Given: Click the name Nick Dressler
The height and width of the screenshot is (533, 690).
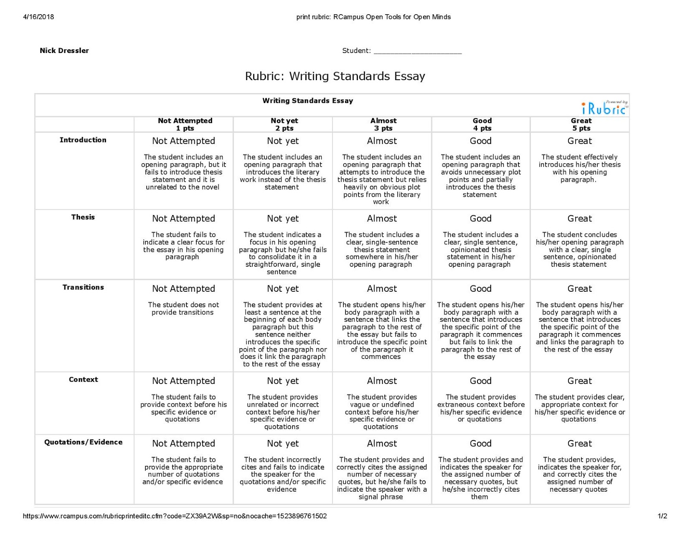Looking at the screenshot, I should [x=64, y=50].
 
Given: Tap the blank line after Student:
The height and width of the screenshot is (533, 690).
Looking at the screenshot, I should [x=417, y=51].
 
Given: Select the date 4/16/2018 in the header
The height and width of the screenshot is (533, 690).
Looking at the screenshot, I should [x=38, y=17].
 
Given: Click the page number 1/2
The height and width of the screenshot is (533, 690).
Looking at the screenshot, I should [x=662, y=516].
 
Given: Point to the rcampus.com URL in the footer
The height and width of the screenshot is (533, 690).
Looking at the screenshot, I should [x=175, y=516].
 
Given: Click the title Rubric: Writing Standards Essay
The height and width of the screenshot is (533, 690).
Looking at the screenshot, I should [x=335, y=76].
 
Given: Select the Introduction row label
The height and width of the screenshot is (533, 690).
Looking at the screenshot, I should [x=83, y=140].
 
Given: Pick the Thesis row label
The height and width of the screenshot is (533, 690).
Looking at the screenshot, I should [x=83, y=217].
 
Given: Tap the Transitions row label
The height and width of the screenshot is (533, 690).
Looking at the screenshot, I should [x=83, y=287].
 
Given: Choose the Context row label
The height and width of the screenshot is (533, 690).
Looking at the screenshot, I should [x=83, y=380].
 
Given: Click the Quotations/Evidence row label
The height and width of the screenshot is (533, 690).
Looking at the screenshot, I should [x=83, y=442].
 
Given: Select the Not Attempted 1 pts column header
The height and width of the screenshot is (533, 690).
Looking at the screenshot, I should [x=185, y=124].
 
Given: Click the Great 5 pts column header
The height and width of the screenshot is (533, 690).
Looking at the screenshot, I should [x=581, y=124].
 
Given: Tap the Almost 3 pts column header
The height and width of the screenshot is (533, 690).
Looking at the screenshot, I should [x=383, y=124].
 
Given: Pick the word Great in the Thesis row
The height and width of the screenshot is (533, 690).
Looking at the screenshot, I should [x=580, y=218].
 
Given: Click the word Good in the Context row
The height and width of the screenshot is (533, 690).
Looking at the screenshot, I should [x=480, y=381].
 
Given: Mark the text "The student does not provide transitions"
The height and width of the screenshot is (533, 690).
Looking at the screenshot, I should [x=183, y=309].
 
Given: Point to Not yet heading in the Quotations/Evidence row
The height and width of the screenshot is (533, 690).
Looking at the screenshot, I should [x=282, y=443].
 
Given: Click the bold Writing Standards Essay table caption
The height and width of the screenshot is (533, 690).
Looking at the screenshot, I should [x=307, y=101].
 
